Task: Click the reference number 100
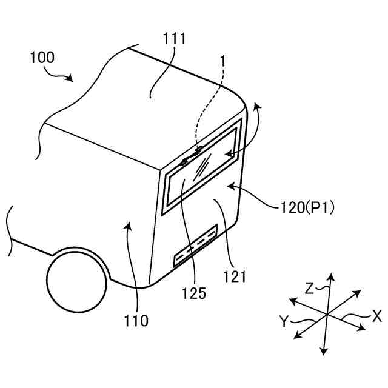point(41,58)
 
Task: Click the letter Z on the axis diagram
point(310,288)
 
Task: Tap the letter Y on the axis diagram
point(284,321)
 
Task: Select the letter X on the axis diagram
point(376,316)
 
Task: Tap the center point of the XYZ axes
point(326,314)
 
